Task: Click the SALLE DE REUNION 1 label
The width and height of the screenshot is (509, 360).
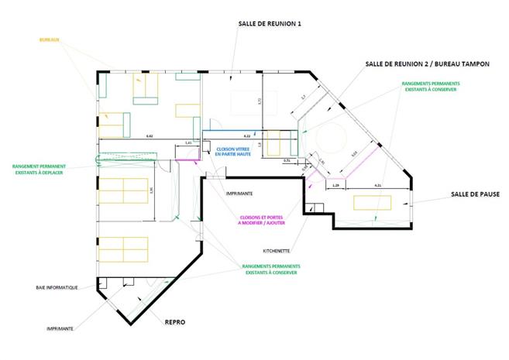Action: click(x=269, y=24)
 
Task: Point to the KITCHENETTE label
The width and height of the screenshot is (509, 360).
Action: click(x=277, y=251)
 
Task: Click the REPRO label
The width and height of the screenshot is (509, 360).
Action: click(x=174, y=321)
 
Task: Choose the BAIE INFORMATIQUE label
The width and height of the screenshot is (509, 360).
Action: click(x=57, y=287)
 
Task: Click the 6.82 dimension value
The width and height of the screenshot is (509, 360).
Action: click(x=150, y=136)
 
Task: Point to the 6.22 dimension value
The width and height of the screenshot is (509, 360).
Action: click(x=248, y=136)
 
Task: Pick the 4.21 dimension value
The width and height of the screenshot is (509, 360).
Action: click(x=378, y=186)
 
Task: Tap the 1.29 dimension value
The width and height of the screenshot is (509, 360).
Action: click(x=335, y=186)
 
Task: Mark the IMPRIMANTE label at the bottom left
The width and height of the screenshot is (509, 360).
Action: click(x=60, y=328)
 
